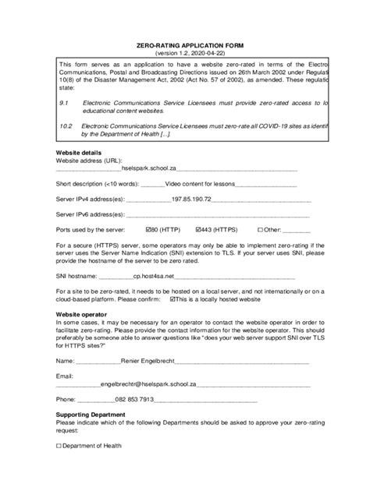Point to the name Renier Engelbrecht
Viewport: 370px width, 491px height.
[148, 361]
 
